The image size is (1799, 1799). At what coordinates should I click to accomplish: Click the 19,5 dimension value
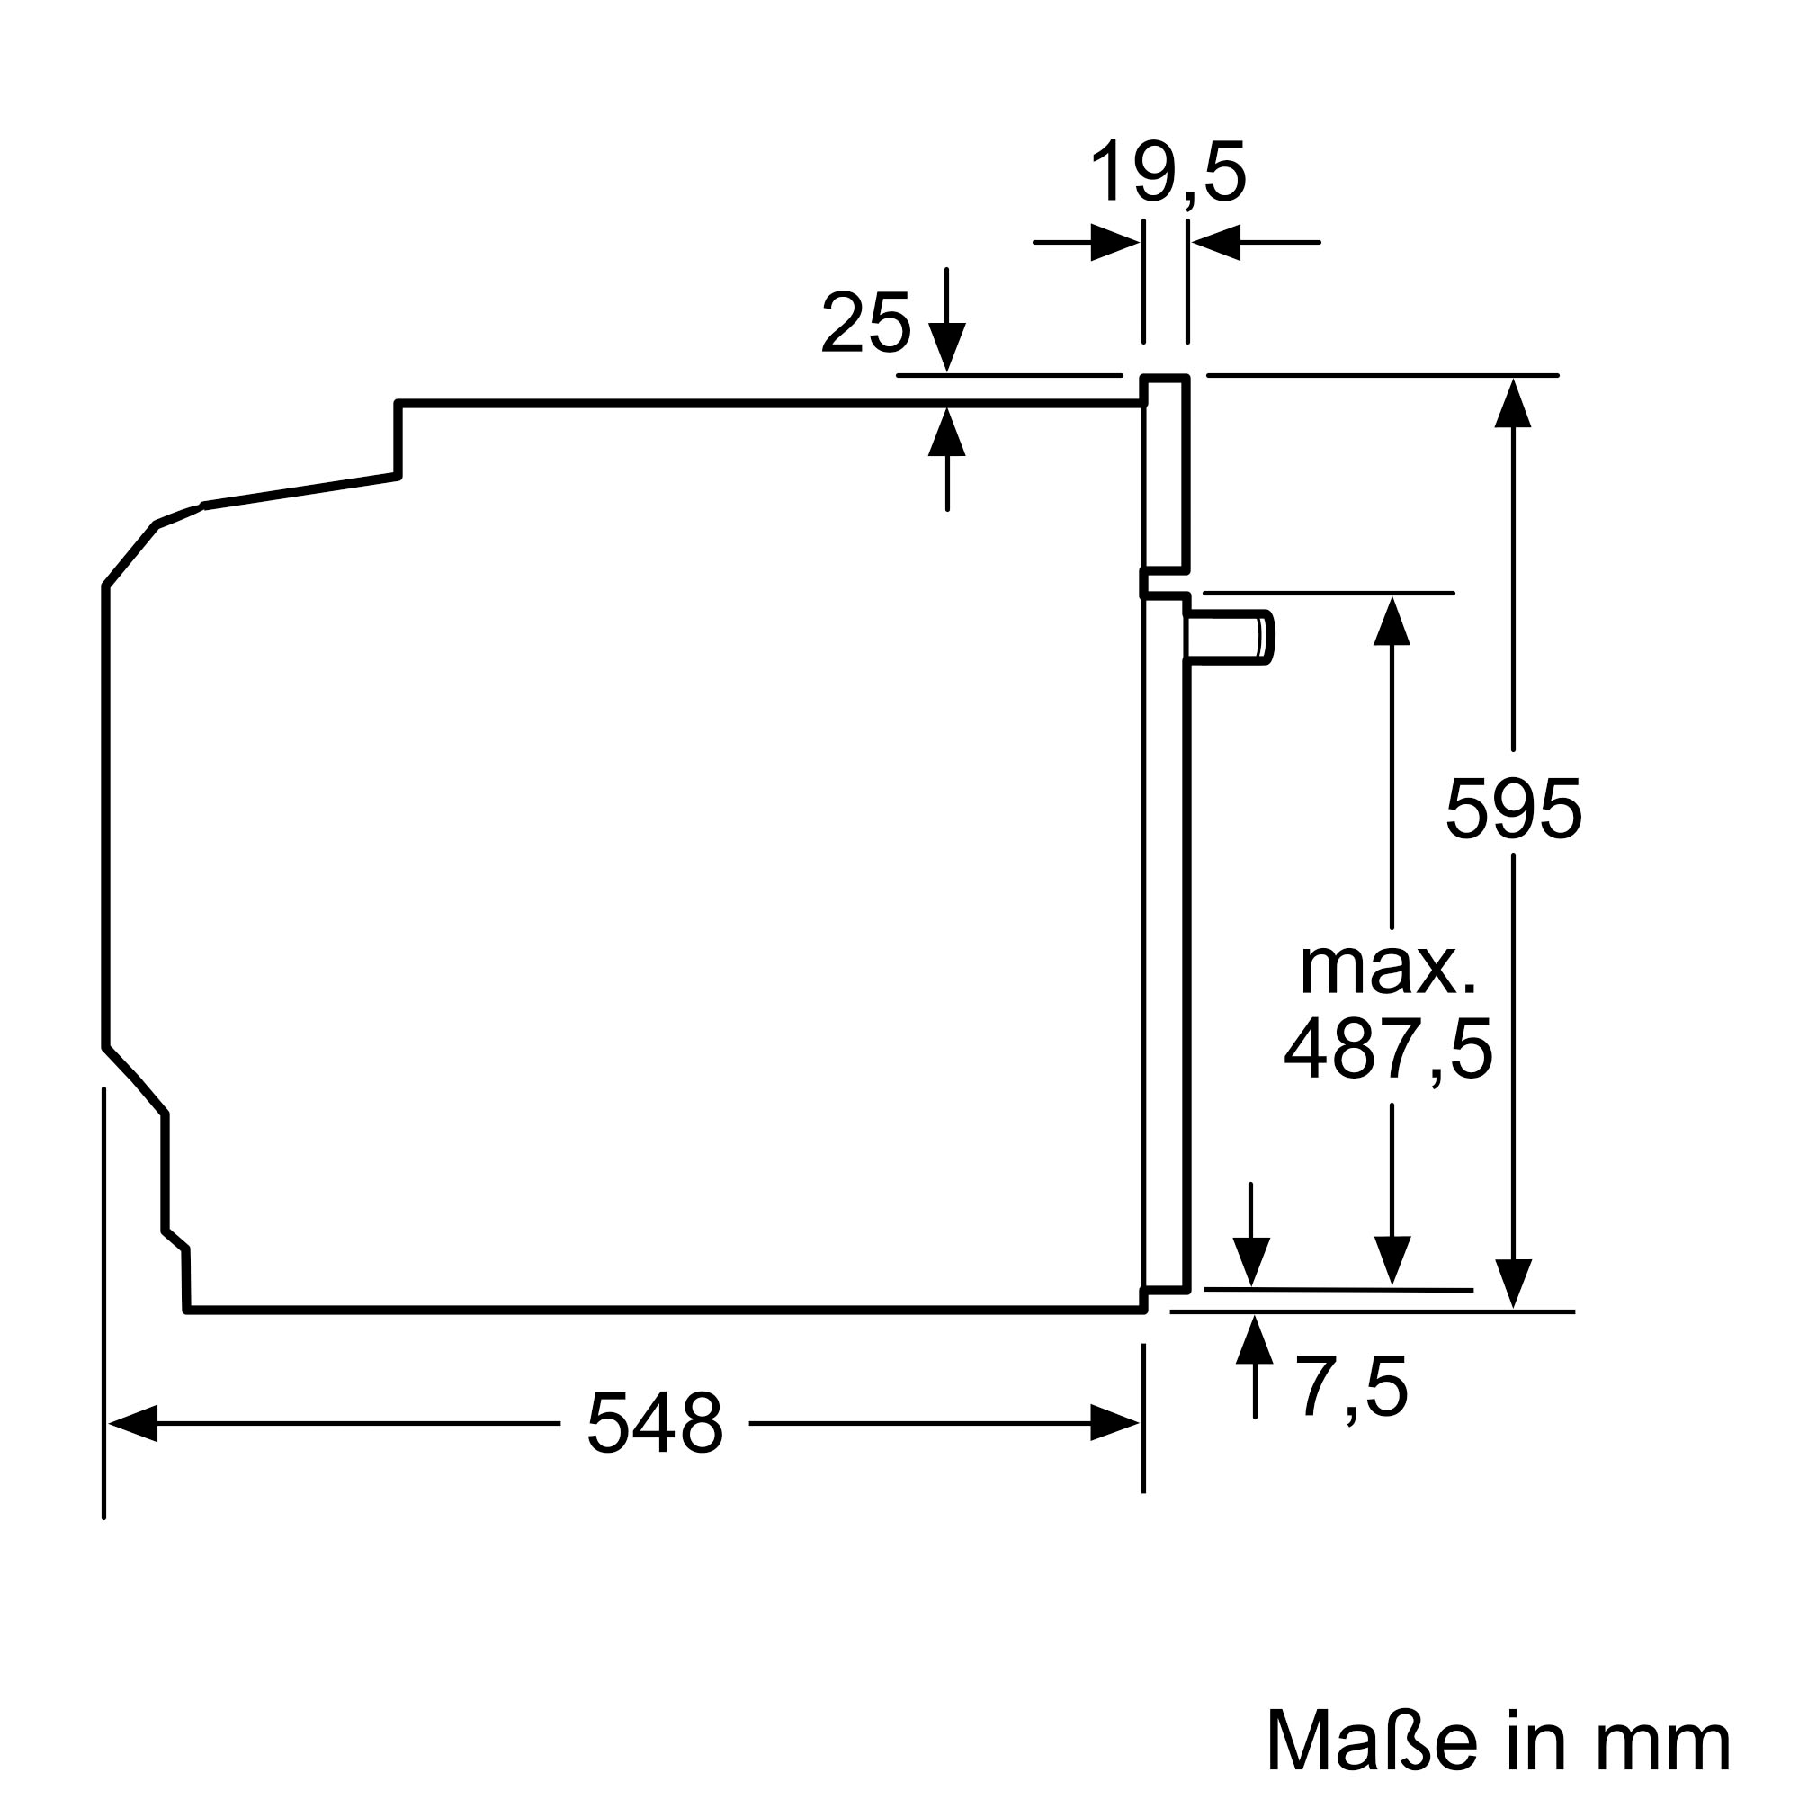pyautogui.click(x=1167, y=173)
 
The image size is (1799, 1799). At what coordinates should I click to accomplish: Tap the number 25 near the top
pyautogui.click(x=865, y=323)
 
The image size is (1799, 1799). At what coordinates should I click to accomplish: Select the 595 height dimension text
pyautogui.click(x=1512, y=810)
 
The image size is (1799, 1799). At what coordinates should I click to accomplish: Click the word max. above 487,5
pyautogui.click(x=1387, y=970)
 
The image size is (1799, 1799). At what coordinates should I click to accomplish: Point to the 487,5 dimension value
pyautogui.click(x=1387, y=1050)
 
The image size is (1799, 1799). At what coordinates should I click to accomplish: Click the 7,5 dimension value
pyautogui.click(x=1351, y=1387)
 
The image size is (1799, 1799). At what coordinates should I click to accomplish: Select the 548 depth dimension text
pyautogui.click(x=655, y=1423)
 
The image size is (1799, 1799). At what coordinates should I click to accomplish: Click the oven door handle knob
pyautogui.click(x=1229, y=638)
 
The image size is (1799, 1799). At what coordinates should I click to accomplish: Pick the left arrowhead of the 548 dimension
pyautogui.click(x=132, y=1423)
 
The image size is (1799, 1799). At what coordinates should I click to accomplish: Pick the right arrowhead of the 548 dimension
pyautogui.click(x=1114, y=1423)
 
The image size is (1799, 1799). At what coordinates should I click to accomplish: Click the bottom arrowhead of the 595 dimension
pyautogui.click(x=1512, y=1284)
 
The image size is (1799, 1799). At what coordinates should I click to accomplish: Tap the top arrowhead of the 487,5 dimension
pyautogui.click(x=1392, y=621)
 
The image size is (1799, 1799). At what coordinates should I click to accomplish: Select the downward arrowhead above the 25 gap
pyautogui.click(x=947, y=347)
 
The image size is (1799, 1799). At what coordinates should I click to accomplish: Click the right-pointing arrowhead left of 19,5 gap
pyautogui.click(x=1114, y=242)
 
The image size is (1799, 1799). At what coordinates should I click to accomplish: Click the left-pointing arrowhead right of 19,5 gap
pyautogui.click(x=1216, y=242)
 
